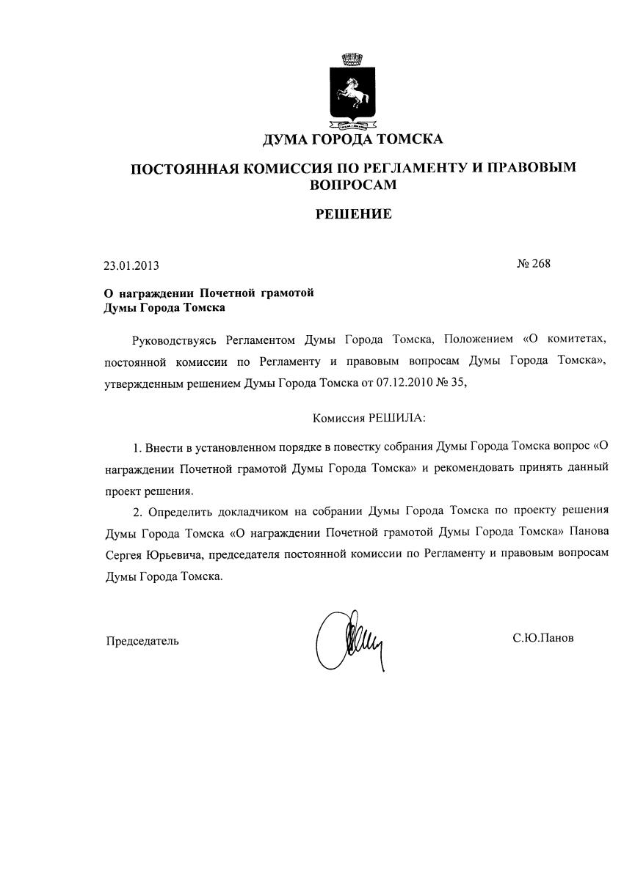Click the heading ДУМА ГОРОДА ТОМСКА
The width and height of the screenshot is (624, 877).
[x=352, y=139]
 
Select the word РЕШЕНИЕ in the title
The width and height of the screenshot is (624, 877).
[x=353, y=214]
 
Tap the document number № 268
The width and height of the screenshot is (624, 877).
[x=533, y=264]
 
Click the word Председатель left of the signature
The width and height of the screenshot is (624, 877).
[x=142, y=641]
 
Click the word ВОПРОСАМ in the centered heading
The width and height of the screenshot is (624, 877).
[x=353, y=185]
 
